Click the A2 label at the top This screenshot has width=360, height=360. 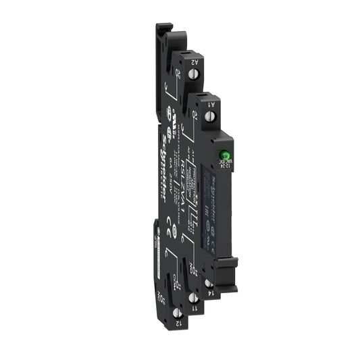(x=193, y=62)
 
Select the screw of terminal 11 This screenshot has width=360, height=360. (x=194, y=298)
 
